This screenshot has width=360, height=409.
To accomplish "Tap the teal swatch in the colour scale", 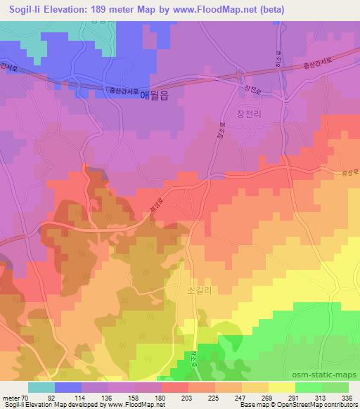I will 41,387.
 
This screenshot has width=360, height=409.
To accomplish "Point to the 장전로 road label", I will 252,91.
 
